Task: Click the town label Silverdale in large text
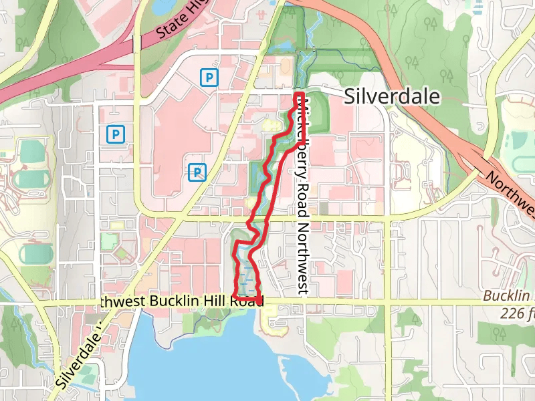point(392,97)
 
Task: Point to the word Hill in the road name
point(219,302)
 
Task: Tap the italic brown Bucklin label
point(507,296)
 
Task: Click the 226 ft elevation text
point(516,313)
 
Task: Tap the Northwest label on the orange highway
point(510,194)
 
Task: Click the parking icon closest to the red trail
point(197,172)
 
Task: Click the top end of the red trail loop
point(300,96)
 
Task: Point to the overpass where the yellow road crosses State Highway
point(136,43)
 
